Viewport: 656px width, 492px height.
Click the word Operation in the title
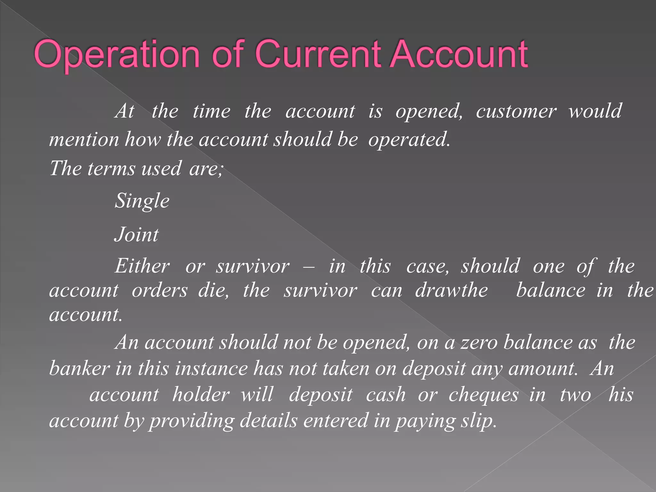(117, 54)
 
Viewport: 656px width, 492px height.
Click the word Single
(142, 201)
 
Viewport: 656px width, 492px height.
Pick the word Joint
(136, 235)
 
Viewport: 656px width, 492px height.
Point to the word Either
(142, 266)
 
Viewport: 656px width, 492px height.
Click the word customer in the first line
(516, 112)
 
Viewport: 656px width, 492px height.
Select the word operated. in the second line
(409, 140)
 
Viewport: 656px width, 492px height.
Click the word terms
(111, 169)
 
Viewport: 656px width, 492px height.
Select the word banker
(79, 369)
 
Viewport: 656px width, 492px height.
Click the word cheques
(483, 395)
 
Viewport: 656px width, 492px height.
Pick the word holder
(201, 395)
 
